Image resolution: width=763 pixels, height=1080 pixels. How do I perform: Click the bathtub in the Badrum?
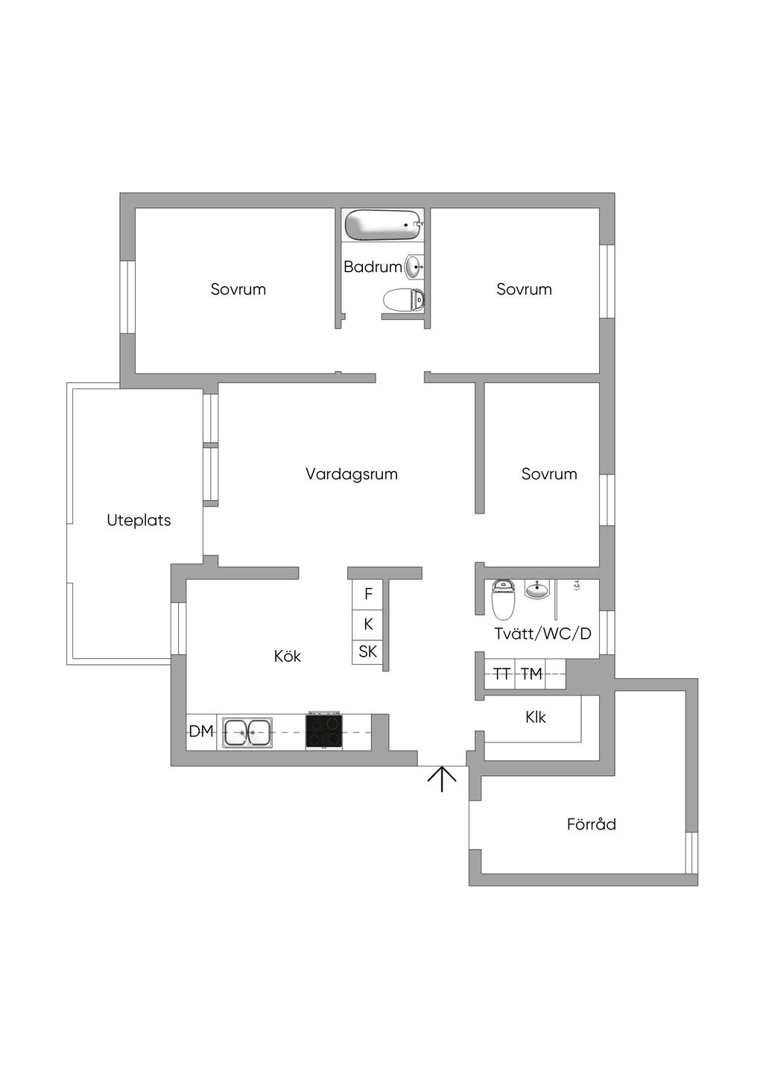pyautogui.click(x=384, y=225)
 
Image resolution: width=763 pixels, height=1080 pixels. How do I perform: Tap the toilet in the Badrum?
pyautogui.click(x=403, y=300)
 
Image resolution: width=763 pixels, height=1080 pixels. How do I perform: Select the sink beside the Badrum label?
pyautogui.click(x=414, y=267)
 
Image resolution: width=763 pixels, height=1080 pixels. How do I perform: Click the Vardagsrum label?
pyautogui.click(x=352, y=474)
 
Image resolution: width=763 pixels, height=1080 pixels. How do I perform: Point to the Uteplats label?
pyautogui.click(x=139, y=520)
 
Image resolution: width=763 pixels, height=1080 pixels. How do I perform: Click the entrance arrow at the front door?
pyautogui.click(x=442, y=779)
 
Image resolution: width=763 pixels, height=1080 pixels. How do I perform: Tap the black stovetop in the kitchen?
pyautogui.click(x=324, y=731)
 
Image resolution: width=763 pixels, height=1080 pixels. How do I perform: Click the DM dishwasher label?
pyautogui.click(x=201, y=731)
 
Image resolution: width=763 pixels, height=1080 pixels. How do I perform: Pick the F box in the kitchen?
pyautogui.click(x=368, y=594)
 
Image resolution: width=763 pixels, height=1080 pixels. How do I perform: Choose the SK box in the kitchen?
pyautogui.click(x=368, y=653)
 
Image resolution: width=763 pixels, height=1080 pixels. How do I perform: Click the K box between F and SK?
pyautogui.click(x=368, y=625)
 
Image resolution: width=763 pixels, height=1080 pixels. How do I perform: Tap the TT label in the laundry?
pyautogui.click(x=501, y=674)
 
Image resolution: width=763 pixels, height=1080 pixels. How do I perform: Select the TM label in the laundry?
pyautogui.click(x=532, y=674)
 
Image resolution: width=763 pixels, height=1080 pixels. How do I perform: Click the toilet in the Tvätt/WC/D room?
pyautogui.click(x=503, y=599)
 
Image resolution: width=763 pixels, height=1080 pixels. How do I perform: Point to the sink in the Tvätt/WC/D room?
pyautogui.click(x=536, y=589)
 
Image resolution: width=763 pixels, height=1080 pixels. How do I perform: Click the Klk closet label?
pyautogui.click(x=536, y=718)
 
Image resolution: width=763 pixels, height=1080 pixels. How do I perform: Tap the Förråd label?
pyautogui.click(x=592, y=824)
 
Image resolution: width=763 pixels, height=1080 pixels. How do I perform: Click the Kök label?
pyautogui.click(x=288, y=656)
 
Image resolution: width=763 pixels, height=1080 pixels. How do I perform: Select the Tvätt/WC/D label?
pyautogui.click(x=542, y=634)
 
